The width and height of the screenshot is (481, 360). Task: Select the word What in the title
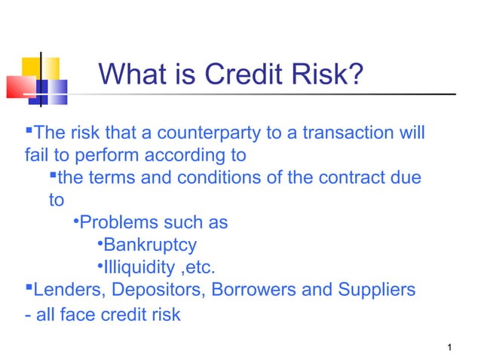tap(130, 75)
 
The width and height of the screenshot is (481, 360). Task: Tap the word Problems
tap(116, 223)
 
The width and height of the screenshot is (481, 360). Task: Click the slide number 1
tap(449, 347)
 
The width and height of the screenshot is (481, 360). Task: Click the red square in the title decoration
tap(20, 86)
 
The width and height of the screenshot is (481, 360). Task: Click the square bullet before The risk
tap(29, 133)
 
